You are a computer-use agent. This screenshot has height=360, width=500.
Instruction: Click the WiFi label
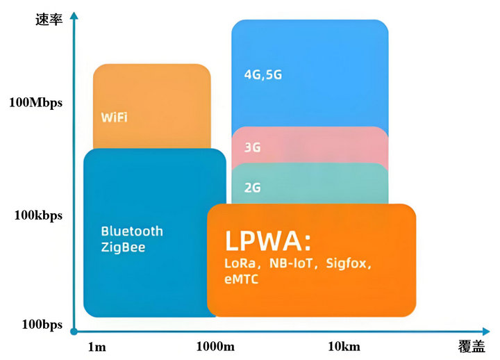(x=114, y=117)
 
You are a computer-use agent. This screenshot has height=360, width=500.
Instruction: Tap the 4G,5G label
(x=263, y=74)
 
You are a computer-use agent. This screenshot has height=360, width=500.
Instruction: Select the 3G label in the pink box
(x=253, y=147)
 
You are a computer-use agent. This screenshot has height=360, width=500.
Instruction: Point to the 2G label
(x=253, y=187)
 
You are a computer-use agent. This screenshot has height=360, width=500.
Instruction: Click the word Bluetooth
(x=132, y=231)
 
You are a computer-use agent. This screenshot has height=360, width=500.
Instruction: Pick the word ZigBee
(x=123, y=247)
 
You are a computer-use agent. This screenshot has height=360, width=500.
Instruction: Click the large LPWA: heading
(x=268, y=240)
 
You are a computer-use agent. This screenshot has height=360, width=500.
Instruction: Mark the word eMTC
(x=242, y=279)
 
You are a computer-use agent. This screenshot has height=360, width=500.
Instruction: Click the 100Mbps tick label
(x=35, y=103)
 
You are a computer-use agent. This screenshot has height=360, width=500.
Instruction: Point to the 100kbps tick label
(x=39, y=215)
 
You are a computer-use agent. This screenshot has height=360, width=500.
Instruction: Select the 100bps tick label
(x=42, y=325)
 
